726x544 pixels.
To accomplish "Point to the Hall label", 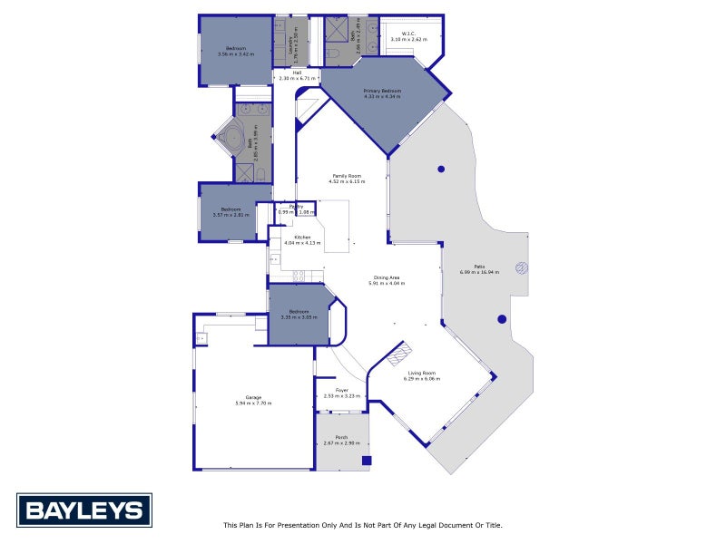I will coord(297,73).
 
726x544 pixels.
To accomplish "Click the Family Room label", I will coord(347,177).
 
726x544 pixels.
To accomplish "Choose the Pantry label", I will coord(296,208).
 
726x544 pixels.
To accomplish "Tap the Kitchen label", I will coord(302,238).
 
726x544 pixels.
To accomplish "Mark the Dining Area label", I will coord(387,279).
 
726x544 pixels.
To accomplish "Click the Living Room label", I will coord(422,374).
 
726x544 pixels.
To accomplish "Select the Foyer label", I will coord(342,392).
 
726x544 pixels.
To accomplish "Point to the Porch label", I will coord(342,439).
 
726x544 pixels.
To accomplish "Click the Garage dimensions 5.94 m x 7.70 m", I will coord(253,403).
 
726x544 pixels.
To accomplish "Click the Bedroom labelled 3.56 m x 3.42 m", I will coord(236,50).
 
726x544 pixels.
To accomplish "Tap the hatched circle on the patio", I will coord(522,267).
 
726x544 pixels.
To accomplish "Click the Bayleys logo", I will coord(84,510).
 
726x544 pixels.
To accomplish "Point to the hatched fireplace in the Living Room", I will coord(400,355).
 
